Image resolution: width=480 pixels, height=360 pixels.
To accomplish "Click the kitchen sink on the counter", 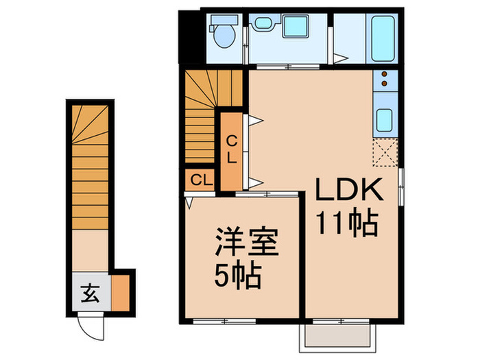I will (x=384, y=121).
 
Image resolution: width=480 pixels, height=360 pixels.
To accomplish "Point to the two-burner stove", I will (x=384, y=80).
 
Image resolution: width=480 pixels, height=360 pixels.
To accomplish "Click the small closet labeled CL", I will (x=200, y=181).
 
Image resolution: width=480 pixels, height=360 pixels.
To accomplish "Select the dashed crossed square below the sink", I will (x=384, y=152).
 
